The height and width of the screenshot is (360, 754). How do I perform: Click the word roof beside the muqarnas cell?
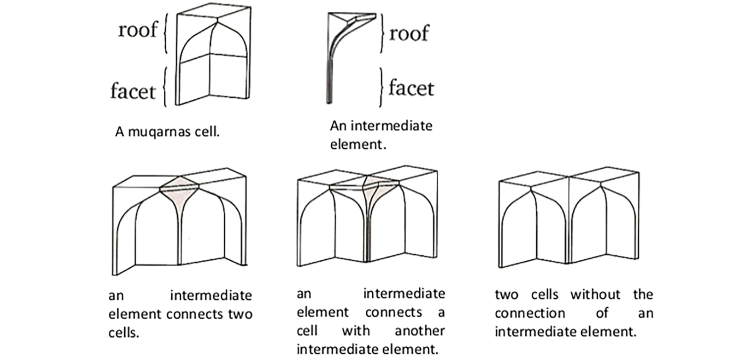click(137, 30)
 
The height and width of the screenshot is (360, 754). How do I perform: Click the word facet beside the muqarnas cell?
click(133, 90)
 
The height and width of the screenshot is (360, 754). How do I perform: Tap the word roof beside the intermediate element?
click(409, 33)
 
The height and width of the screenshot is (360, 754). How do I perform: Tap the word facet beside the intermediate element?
click(411, 88)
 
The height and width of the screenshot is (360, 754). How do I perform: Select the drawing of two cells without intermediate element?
click(569, 221)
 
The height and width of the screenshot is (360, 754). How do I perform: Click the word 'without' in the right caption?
click(595, 295)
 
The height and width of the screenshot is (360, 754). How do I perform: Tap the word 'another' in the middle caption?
click(420, 331)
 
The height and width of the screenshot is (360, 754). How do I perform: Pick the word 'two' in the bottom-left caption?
click(240, 314)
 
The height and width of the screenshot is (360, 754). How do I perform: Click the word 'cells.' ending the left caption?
click(124, 333)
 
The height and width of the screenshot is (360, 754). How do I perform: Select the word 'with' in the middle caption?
click(355, 331)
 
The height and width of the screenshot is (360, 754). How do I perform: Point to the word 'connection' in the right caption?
click(529, 313)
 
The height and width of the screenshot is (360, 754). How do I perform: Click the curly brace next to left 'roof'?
click(165, 35)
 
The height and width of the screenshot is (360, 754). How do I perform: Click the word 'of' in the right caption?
click(602, 313)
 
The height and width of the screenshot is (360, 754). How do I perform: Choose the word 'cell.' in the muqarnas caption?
click(208, 132)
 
